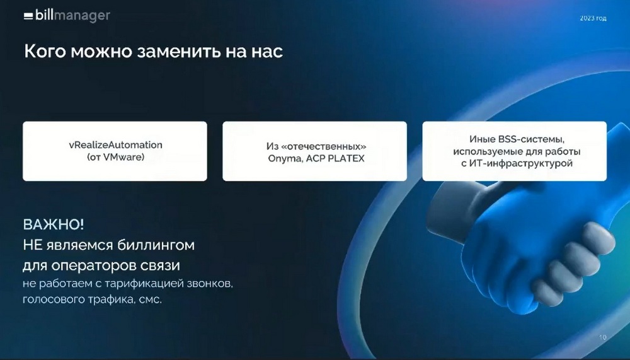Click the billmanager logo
(x=67, y=16)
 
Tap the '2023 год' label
(x=593, y=18)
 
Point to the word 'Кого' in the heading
(x=45, y=52)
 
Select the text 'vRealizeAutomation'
(x=116, y=145)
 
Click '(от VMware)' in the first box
(x=116, y=157)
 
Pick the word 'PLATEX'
(x=346, y=158)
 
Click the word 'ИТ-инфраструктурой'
(x=521, y=163)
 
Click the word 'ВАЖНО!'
(x=54, y=224)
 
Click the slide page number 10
(x=602, y=337)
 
